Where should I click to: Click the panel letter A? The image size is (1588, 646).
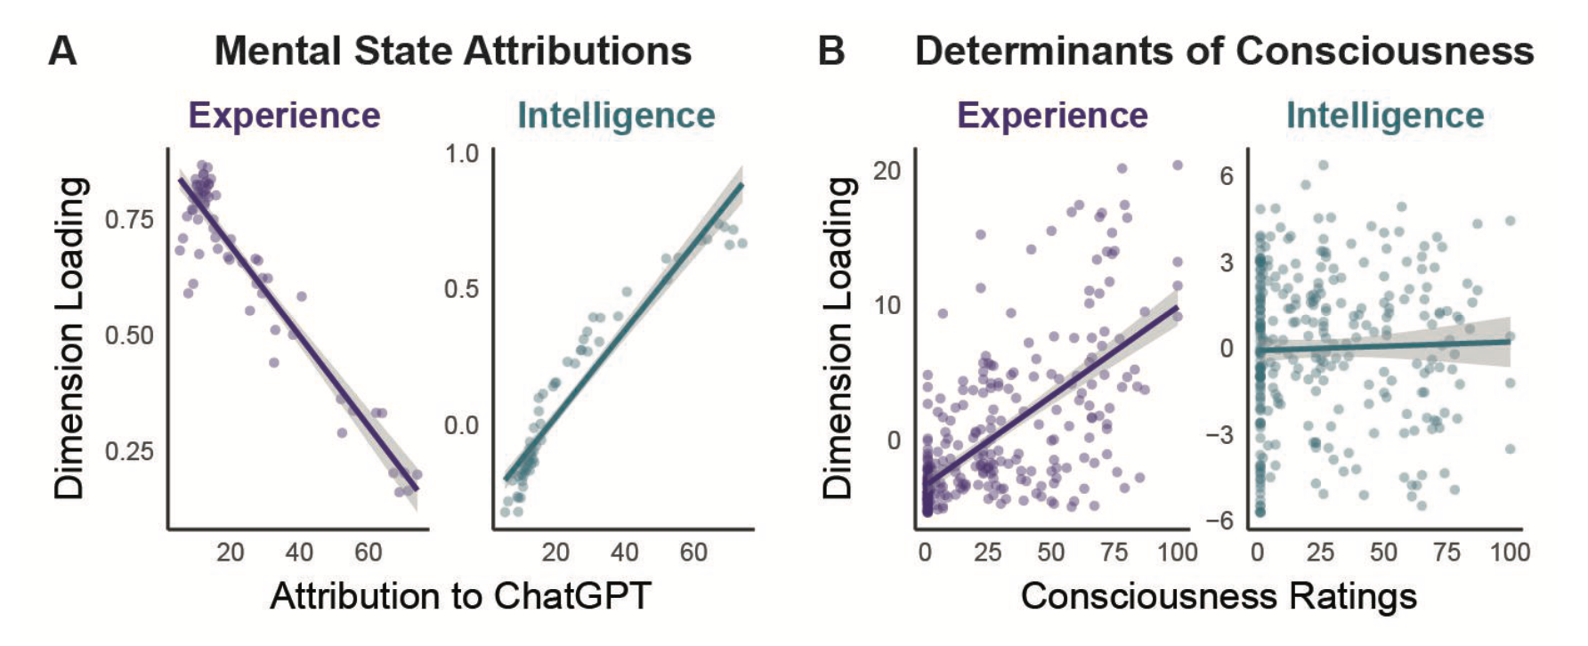pyautogui.click(x=62, y=51)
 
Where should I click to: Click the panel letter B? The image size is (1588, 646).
pyautogui.click(x=831, y=51)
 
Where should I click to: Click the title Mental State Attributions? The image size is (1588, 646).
pyautogui.click(x=453, y=51)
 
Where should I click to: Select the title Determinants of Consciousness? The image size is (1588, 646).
pyautogui.click(x=1225, y=51)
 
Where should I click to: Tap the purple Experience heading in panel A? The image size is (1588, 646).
pyautogui.click(x=284, y=116)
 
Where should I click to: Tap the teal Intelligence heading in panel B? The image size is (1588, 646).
pyautogui.click(x=1385, y=116)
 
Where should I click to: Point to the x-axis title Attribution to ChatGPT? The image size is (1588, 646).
pyautogui.click(x=461, y=595)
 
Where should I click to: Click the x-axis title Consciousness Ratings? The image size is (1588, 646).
pyautogui.click(x=1219, y=595)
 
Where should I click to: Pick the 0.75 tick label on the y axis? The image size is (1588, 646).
pyautogui.click(x=129, y=219)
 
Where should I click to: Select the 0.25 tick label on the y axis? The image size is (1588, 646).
pyautogui.click(x=129, y=451)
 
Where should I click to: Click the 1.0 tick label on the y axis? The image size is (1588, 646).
pyautogui.click(x=462, y=153)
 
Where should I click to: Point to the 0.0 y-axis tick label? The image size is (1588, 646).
pyautogui.click(x=462, y=425)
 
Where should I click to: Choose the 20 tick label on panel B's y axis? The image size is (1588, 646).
pyautogui.click(x=887, y=170)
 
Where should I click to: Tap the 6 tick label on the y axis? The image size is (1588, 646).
pyautogui.click(x=1227, y=175)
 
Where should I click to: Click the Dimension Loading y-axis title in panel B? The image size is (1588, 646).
pyautogui.click(x=839, y=337)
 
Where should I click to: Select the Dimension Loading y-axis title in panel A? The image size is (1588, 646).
pyautogui.click(x=69, y=337)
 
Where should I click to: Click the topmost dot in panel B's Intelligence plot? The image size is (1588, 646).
pyautogui.click(x=1324, y=165)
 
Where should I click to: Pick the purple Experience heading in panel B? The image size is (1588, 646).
pyautogui.click(x=1052, y=116)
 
